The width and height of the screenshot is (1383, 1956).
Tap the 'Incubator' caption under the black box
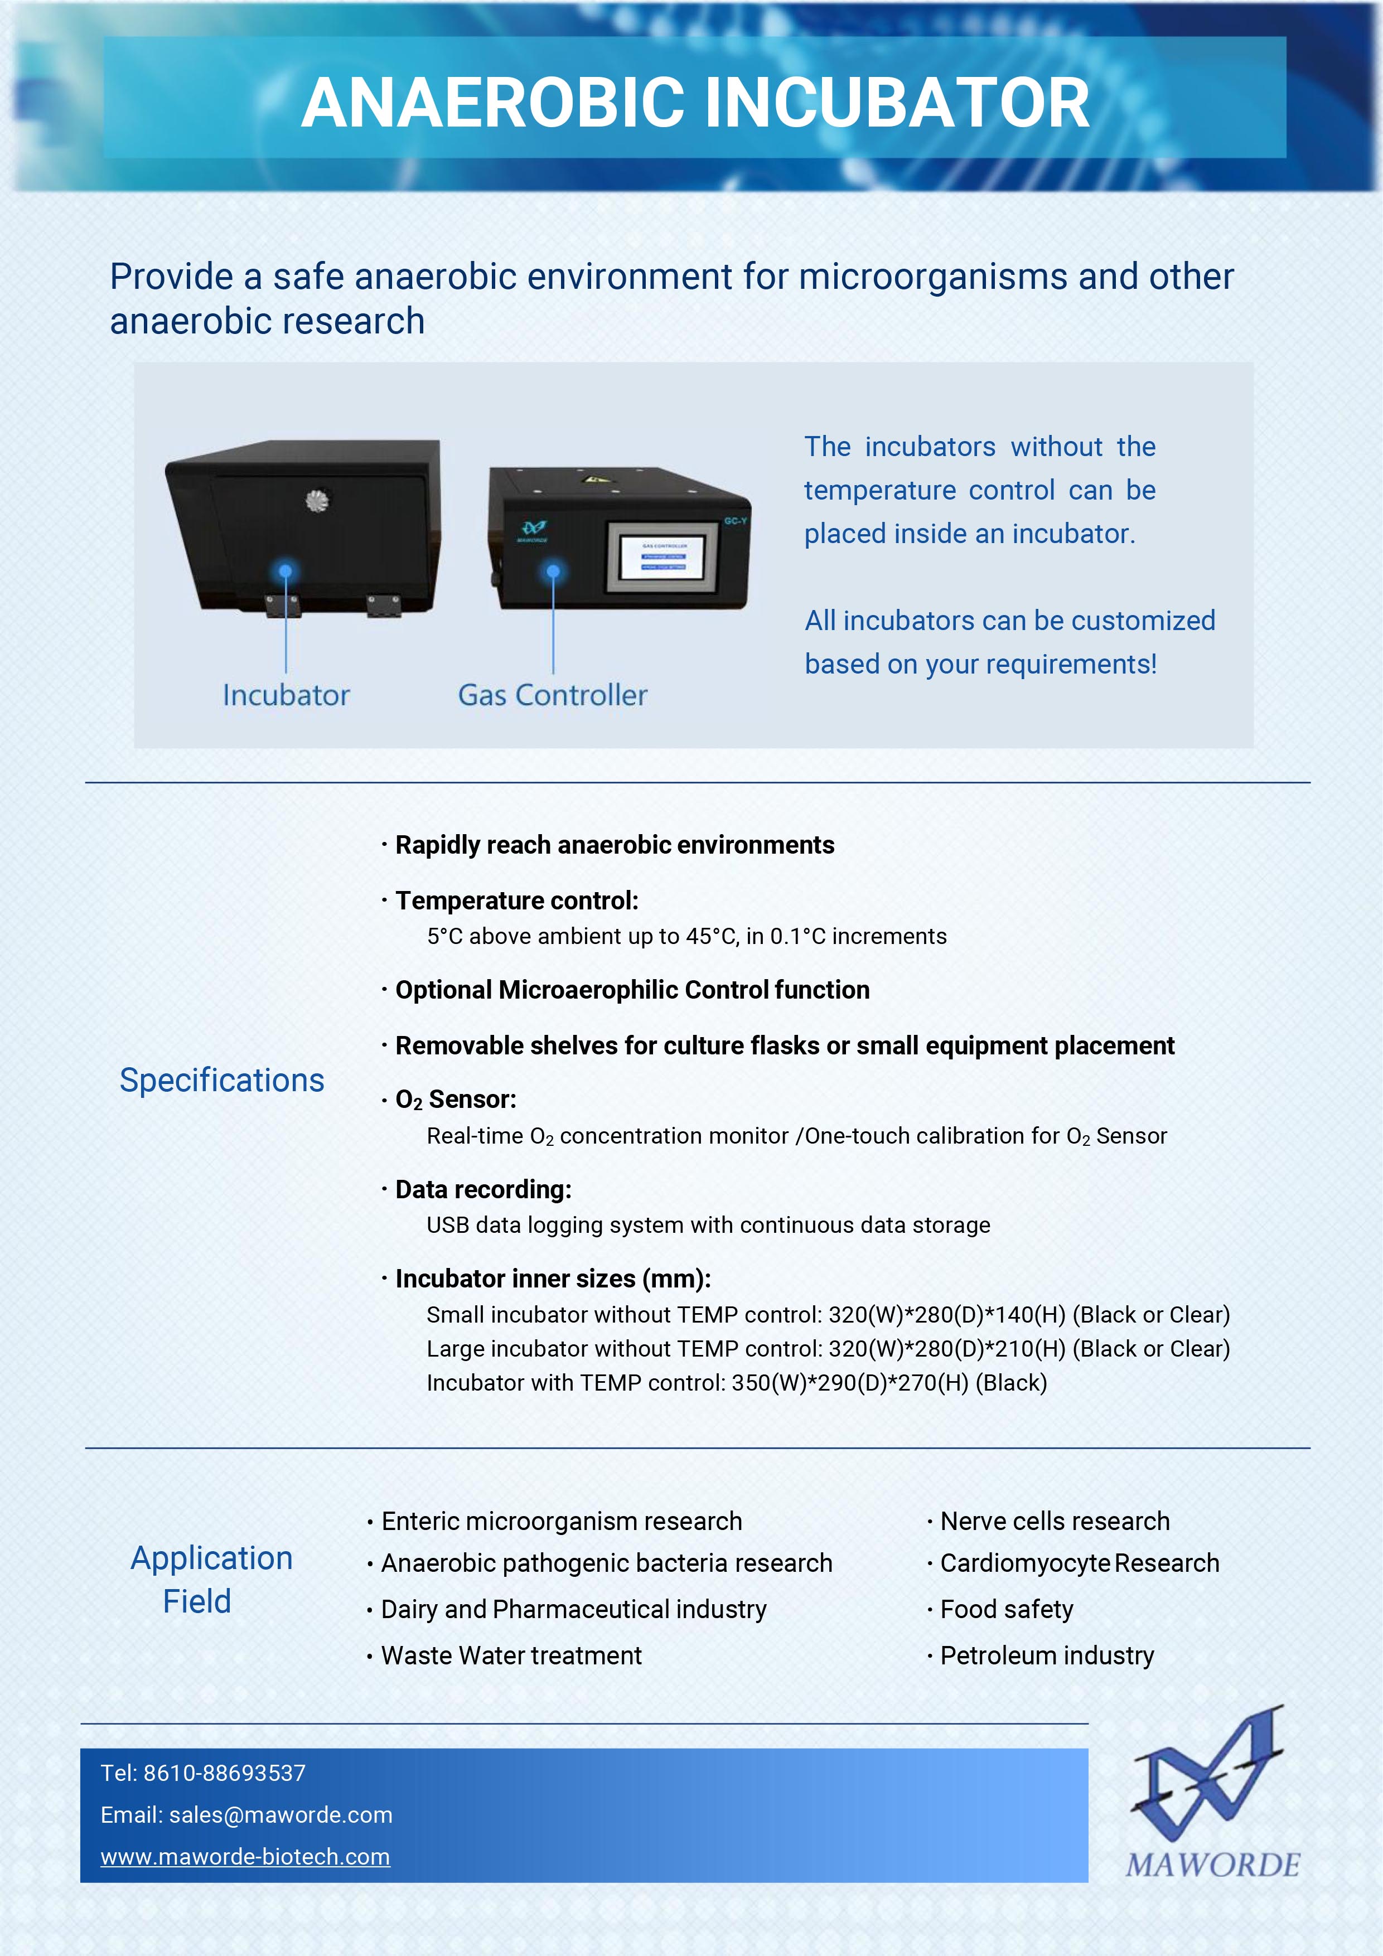click(286, 695)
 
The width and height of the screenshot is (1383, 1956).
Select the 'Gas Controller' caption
click(552, 695)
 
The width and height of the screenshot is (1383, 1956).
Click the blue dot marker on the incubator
click(286, 571)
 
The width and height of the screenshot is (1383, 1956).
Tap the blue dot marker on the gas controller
click(553, 571)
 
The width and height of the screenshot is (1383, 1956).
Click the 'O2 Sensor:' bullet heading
click(456, 1100)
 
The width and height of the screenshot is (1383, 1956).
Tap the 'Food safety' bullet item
click(1007, 1609)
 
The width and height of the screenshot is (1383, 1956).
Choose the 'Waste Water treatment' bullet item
click(511, 1655)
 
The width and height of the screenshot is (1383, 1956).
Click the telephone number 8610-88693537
click(224, 1773)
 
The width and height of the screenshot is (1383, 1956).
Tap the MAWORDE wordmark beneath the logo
click(1212, 1865)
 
